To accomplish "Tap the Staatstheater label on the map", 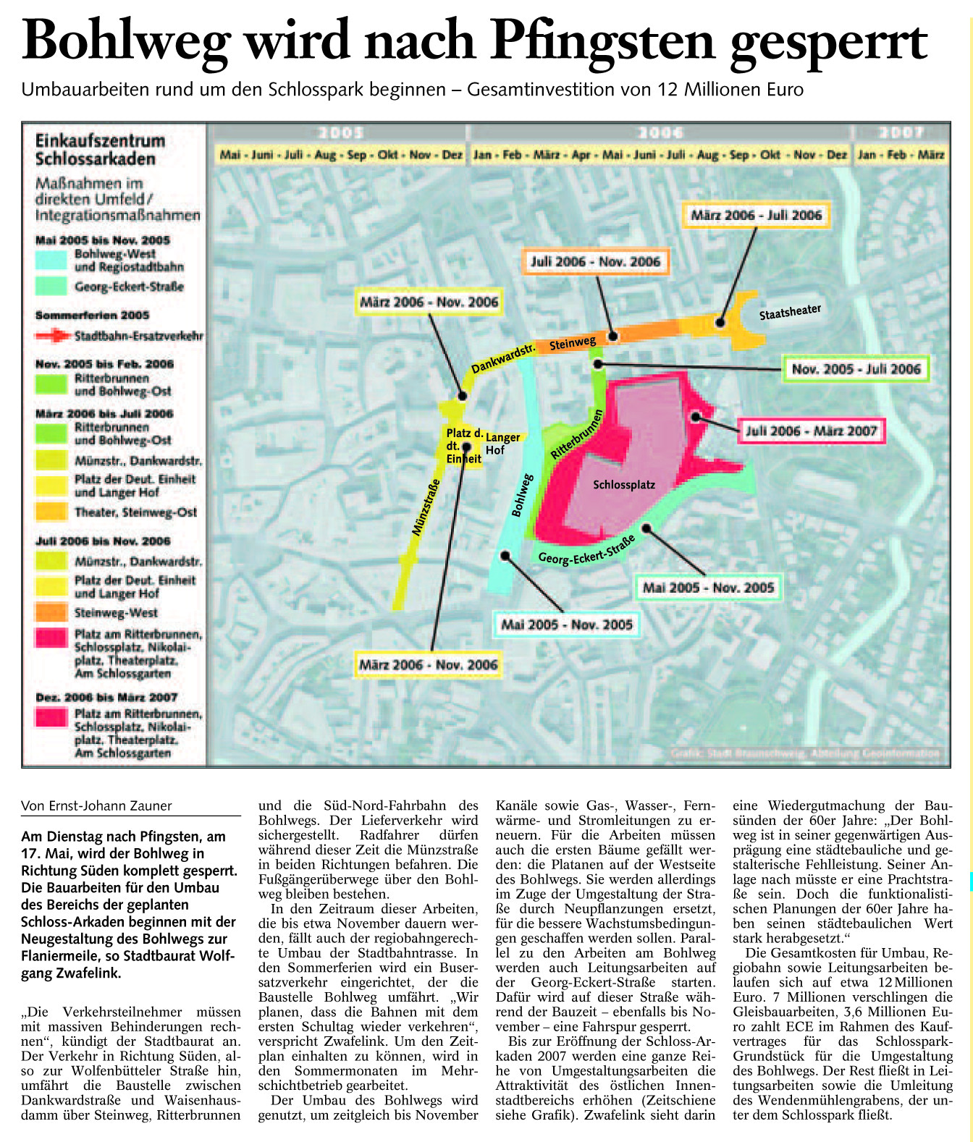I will [x=790, y=312].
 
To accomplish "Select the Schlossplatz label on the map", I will [x=623, y=485].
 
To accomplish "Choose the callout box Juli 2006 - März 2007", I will [x=811, y=431].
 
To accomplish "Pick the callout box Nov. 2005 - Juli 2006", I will [x=856, y=369].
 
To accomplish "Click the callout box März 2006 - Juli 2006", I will [x=756, y=215].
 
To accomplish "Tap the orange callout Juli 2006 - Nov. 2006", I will [x=595, y=262].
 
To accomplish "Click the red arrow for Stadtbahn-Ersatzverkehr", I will [x=53, y=336].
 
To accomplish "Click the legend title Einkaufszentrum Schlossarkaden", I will [x=101, y=150].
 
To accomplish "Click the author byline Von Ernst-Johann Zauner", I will [x=96, y=805].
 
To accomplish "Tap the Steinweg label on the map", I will [x=573, y=343].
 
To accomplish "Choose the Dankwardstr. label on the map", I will [x=502, y=359].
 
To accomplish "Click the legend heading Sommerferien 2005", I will [x=92, y=315].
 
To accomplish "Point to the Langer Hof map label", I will [x=502, y=444].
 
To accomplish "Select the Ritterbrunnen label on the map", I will [x=577, y=434].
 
